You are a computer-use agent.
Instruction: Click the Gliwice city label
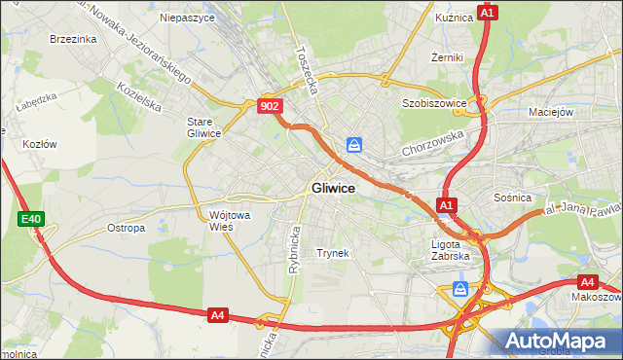click(x=332, y=189)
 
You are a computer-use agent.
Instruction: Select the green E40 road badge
click(x=30, y=220)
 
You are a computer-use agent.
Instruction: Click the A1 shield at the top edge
click(x=489, y=13)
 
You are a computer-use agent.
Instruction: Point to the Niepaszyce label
click(x=186, y=18)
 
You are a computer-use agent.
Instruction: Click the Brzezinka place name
click(x=73, y=39)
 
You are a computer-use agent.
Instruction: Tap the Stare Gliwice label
click(x=204, y=127)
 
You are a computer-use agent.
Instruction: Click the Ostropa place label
click(x=126, y=228)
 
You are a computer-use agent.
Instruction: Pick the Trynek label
click(x=333, y=253)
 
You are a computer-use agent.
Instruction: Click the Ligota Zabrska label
click(x=451, y=250)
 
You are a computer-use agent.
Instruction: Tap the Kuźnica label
click(x=456, y=18)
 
